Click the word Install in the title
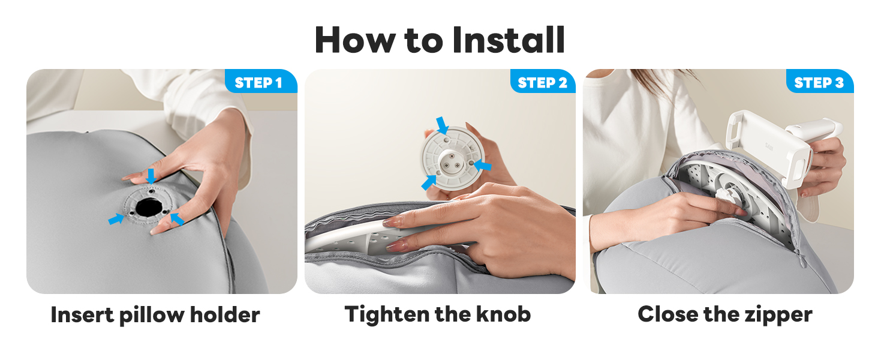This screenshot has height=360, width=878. tap(509, 40)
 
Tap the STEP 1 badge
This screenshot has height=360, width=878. tap(261, 81)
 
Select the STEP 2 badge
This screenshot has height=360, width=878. tap(543, 81)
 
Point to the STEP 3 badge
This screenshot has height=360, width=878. tap(820, 81)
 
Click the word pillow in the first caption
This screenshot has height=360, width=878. tap(152, 315)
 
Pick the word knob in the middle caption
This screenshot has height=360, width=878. tap(503, 314)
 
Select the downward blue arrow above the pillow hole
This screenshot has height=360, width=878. tap(151, 176)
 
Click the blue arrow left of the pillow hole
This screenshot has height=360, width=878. tap(116, 219)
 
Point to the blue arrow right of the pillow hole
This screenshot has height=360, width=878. tap(177, 218)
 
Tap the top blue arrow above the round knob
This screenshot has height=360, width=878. tap(443, 125)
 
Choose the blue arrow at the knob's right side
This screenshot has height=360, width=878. tap(483, 165)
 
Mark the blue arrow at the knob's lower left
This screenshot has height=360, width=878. tap(429, 182)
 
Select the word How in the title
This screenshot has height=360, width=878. tap(355, 40)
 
